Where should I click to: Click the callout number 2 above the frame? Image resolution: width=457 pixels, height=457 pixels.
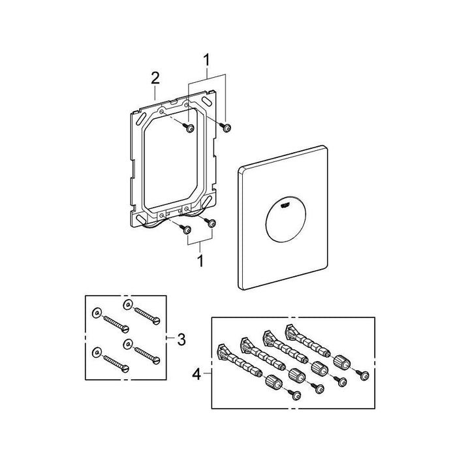click(x=155, y=78)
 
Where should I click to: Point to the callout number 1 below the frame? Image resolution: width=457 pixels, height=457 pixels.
click(x=201, y=260)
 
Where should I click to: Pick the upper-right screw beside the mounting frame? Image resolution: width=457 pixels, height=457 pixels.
click(x=227, y=129)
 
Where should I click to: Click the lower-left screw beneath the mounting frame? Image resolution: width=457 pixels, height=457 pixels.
click(x=186, y=229)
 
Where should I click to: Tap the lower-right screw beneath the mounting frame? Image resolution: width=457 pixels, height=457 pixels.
click(x=212, y=223)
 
